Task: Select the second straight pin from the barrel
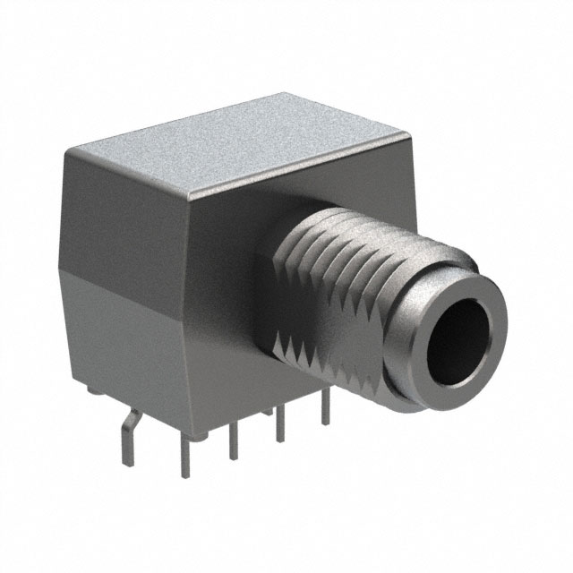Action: point(279,424)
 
